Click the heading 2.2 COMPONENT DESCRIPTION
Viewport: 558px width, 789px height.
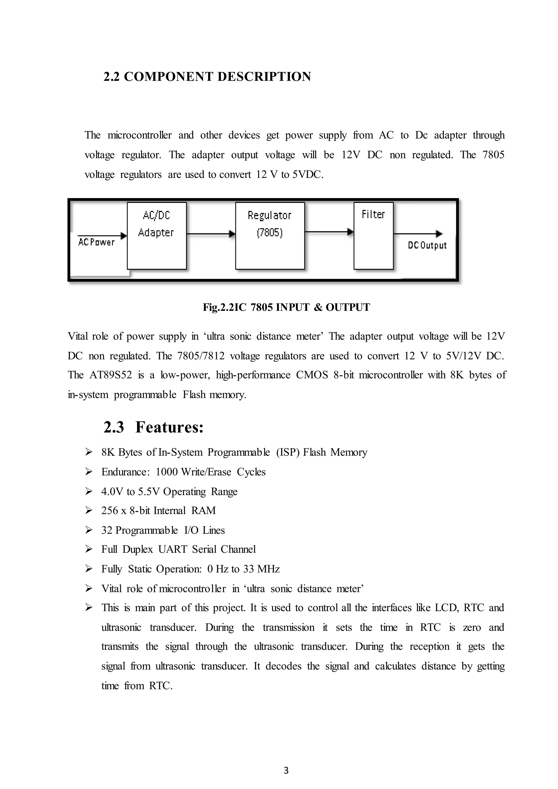[207, 77]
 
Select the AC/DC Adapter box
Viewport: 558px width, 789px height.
[157, 236]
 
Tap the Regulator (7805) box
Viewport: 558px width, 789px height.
[270, 236]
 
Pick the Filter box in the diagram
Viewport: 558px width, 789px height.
[373, 236]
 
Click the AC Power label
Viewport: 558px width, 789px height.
[96, 242]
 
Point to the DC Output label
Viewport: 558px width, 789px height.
[427, 245]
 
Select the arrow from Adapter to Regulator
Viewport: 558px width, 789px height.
[211, 234]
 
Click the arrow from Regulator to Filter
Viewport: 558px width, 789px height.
[329, 232]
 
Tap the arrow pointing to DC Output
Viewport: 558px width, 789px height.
[417, 234]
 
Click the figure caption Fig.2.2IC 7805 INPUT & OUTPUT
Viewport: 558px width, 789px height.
[286, 307]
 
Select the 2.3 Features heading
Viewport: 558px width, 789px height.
[154, 427]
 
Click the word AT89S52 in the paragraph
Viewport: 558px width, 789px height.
[111, 375]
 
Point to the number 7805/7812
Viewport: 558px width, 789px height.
[201, 356]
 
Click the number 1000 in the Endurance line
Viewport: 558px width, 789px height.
[167, 472]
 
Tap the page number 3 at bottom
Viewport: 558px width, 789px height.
[286, 770]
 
